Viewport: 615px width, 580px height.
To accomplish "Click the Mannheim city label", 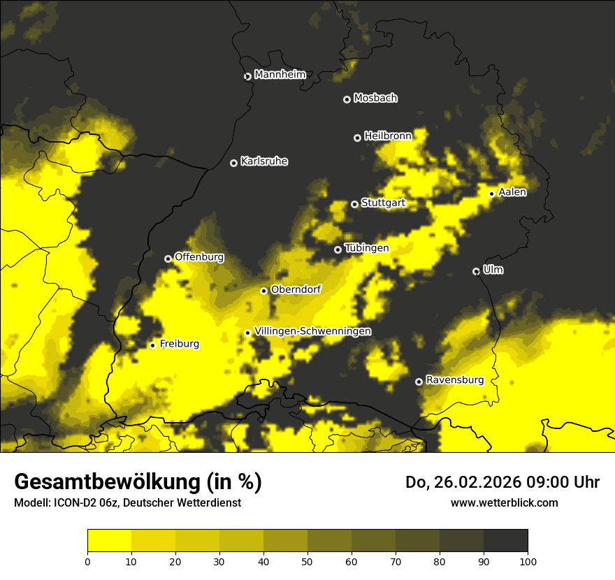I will (280, 75).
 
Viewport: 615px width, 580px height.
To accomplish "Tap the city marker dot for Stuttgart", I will (354, 204).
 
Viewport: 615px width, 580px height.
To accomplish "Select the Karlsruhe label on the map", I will (264, 161).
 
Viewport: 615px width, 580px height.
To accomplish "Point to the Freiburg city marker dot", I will (152, 345).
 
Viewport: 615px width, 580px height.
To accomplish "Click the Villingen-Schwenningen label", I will (313, 331).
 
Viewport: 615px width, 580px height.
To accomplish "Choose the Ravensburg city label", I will (455, 380).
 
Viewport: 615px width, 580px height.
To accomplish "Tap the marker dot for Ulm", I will (476, 271).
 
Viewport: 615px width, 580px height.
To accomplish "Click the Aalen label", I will (512, 192).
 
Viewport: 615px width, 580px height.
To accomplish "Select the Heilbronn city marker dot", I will (357, 138).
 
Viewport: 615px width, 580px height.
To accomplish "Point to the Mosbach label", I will (375, 99).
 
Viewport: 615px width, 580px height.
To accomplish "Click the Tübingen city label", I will (367, 248).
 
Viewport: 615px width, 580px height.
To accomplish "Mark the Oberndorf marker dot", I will (263, 291).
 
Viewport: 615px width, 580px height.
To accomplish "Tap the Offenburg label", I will (199, 257).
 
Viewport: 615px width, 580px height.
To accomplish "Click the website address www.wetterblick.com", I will (504, 502).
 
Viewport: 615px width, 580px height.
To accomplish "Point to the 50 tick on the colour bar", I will (307, 561).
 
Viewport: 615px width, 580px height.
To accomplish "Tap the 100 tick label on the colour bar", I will (528, 561).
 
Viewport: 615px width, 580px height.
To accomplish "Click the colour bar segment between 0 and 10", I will (110, 540).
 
